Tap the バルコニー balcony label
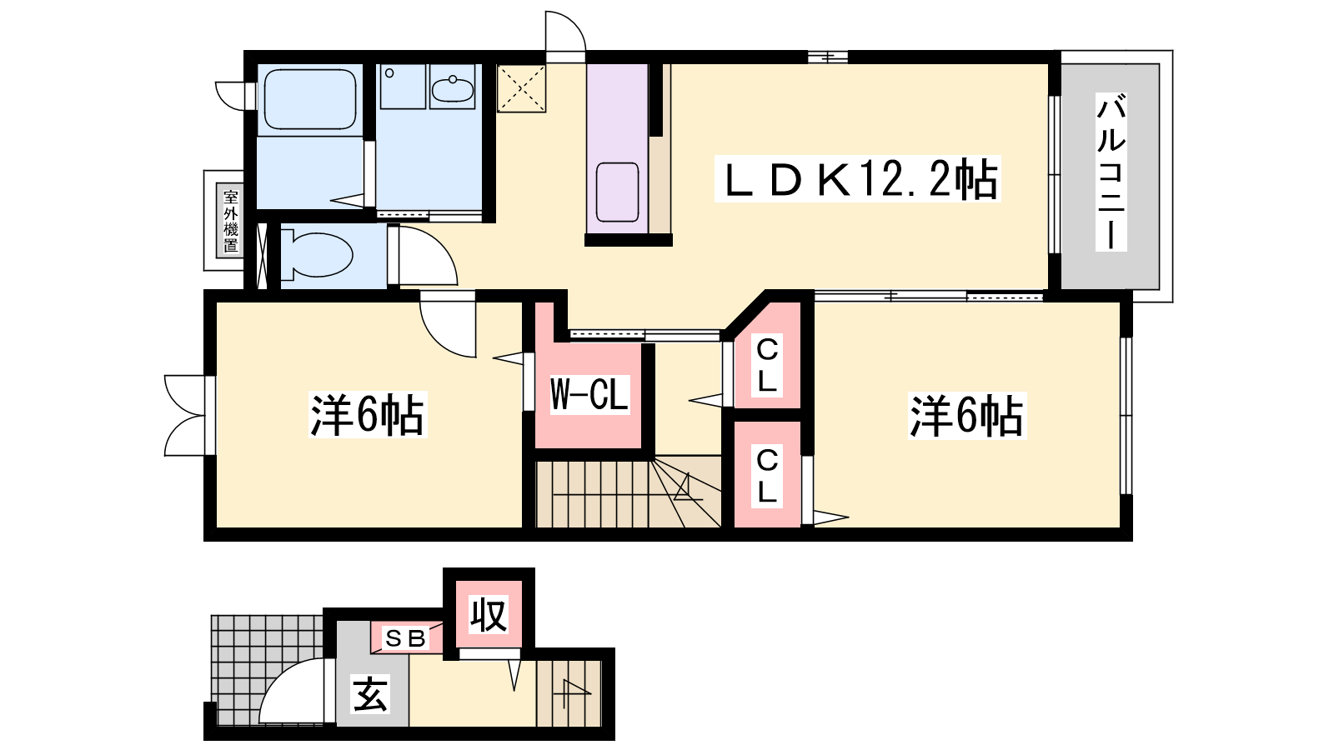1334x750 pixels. pyautogui.click(x=1111, y=172)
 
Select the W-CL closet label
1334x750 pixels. pyautogui.click(x=589, y=394)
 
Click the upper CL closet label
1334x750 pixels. pyautogui.click(x=767, y=365)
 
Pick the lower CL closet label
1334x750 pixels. pyautogui.click(x=767, y=476)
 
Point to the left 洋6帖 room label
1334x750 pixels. pyautogui.click(x=368, y=415)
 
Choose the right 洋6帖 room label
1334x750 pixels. pyautogui.click(x=966, y=416)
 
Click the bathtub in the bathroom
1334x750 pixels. pyautogui.click(x=309, y=99)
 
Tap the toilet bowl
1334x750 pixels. pyautogui.click(x=316, y=256)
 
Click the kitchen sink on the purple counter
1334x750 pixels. pyautogui.click(x=618, y=192)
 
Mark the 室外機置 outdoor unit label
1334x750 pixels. pyautogui.click(x=231, y=221)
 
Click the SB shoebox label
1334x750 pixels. pyautogui.click(x=406, y=638)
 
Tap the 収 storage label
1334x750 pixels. pyautogui.click(x=489, y=615)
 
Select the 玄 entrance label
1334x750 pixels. pyautogui.click(x=370, y=694)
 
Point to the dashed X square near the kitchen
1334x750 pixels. pyautogui.click(x=522, y=88)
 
